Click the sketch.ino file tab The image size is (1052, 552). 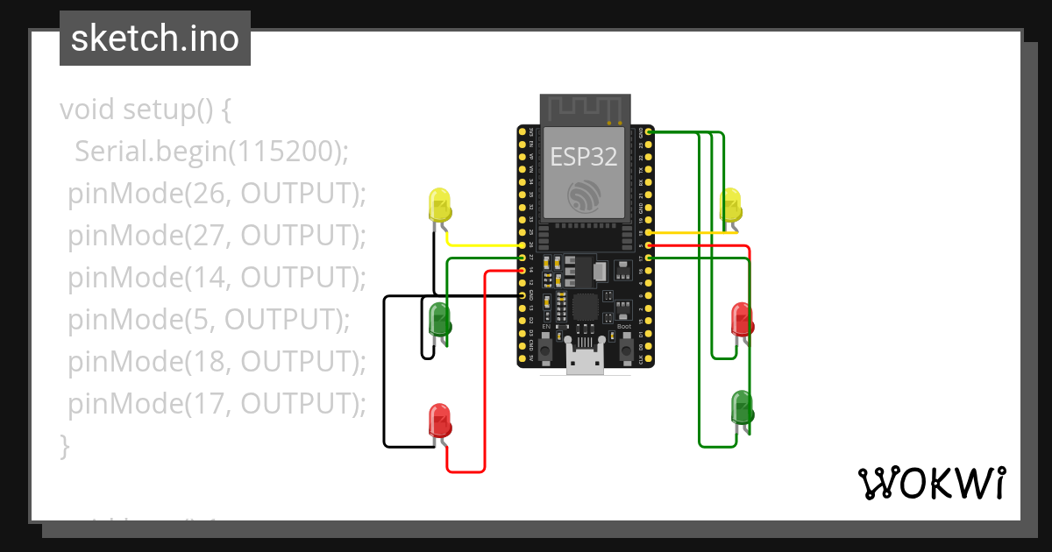(155, 39)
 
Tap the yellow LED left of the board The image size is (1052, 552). (439, 205)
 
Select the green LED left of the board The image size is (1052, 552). (439, 319)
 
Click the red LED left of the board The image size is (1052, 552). (439, 421)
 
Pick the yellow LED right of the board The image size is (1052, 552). (731, 205)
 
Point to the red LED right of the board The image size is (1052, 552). (743, 320)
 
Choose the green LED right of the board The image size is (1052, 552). (743, 407)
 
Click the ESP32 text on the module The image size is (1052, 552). (583, 157)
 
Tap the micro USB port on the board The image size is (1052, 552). (585, 360)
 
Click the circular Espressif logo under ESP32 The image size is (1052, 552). (584, 195)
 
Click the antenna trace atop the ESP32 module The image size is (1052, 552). (584, 108)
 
